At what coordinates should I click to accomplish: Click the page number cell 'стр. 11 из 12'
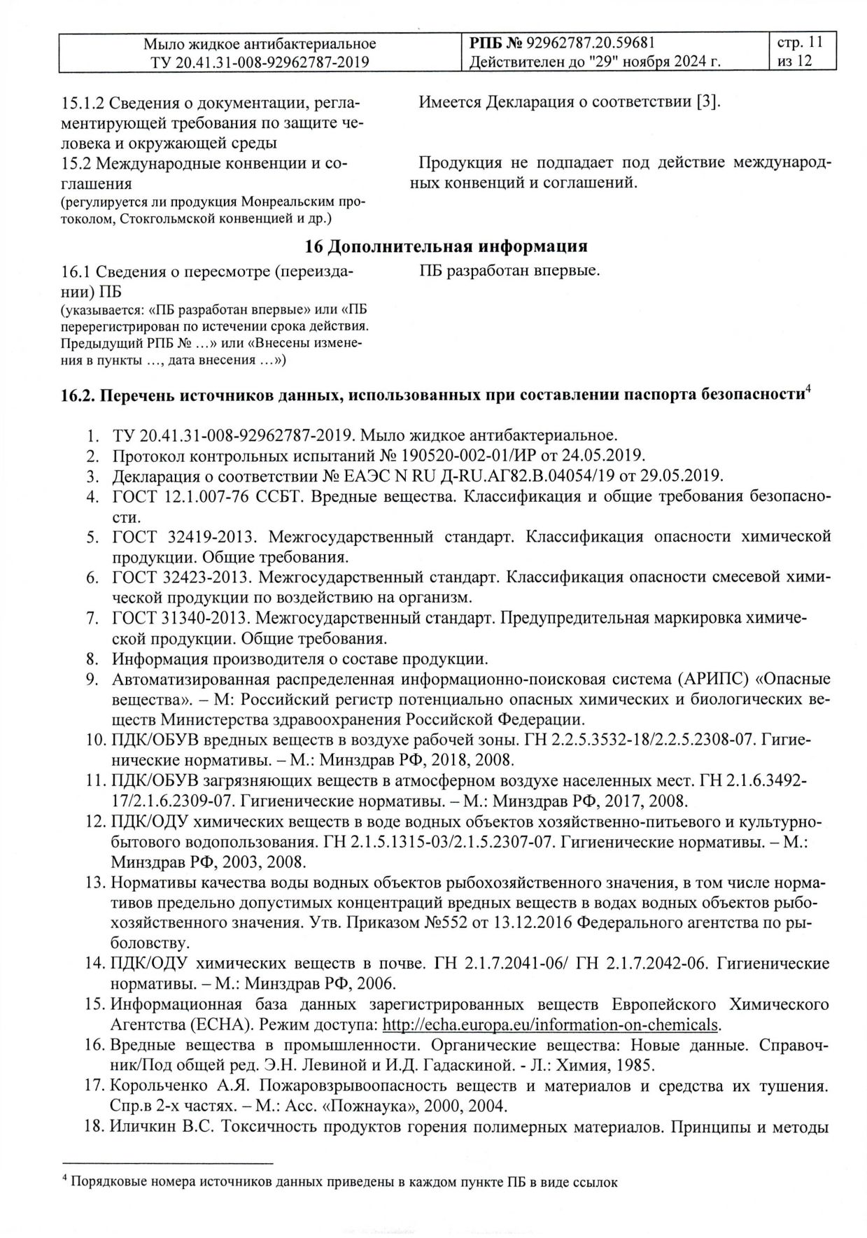800,52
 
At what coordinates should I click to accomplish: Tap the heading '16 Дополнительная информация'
446,246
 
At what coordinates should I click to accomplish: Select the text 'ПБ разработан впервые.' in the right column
509,270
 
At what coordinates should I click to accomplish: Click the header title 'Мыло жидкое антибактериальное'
260,43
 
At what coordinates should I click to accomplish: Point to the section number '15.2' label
78,164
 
